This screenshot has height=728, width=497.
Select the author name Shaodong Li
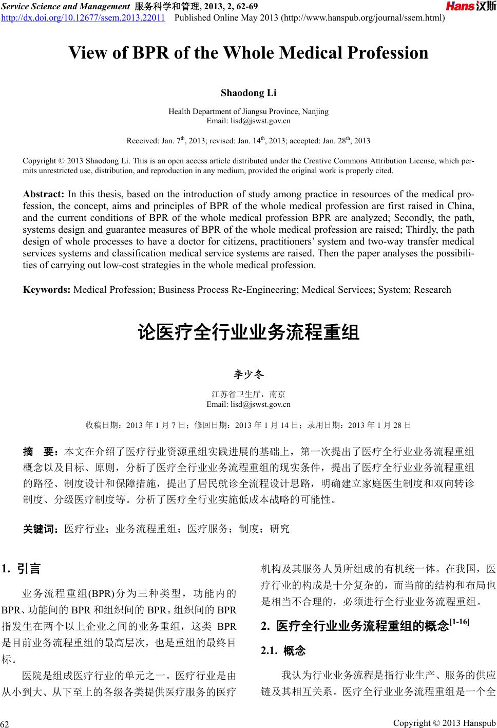tap(249, 93)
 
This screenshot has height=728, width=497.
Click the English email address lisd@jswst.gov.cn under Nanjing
tap(249, 121)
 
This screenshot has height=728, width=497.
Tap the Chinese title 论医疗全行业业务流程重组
tap(249, 332)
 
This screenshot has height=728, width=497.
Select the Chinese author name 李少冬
tap(249, 375)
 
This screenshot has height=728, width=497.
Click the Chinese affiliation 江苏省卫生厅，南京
tap(249, 395)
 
